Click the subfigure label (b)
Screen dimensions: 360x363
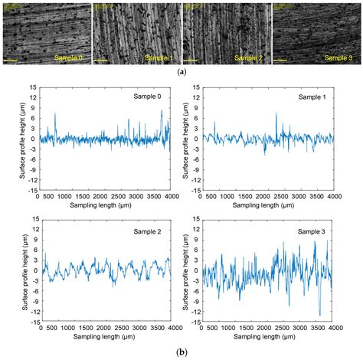coord(181,353)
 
